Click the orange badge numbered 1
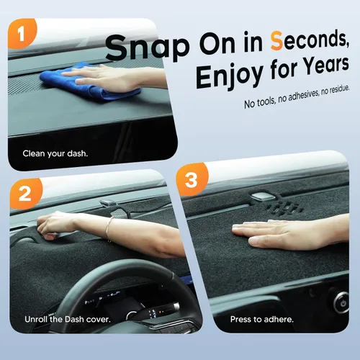tap(22, 33)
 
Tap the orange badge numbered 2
tap(25, 194)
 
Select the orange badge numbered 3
tap(192, 179)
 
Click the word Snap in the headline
tap(148, 48)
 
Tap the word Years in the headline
tap(325, 66)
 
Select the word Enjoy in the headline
tap(230, 76)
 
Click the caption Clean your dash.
tap(55, 153)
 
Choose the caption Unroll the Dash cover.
tap(68, 320)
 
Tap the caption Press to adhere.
tap(262, 319)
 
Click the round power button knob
tap(341, 302)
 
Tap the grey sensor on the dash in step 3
tap(264, 196)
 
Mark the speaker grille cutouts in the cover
tap(285, 207)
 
